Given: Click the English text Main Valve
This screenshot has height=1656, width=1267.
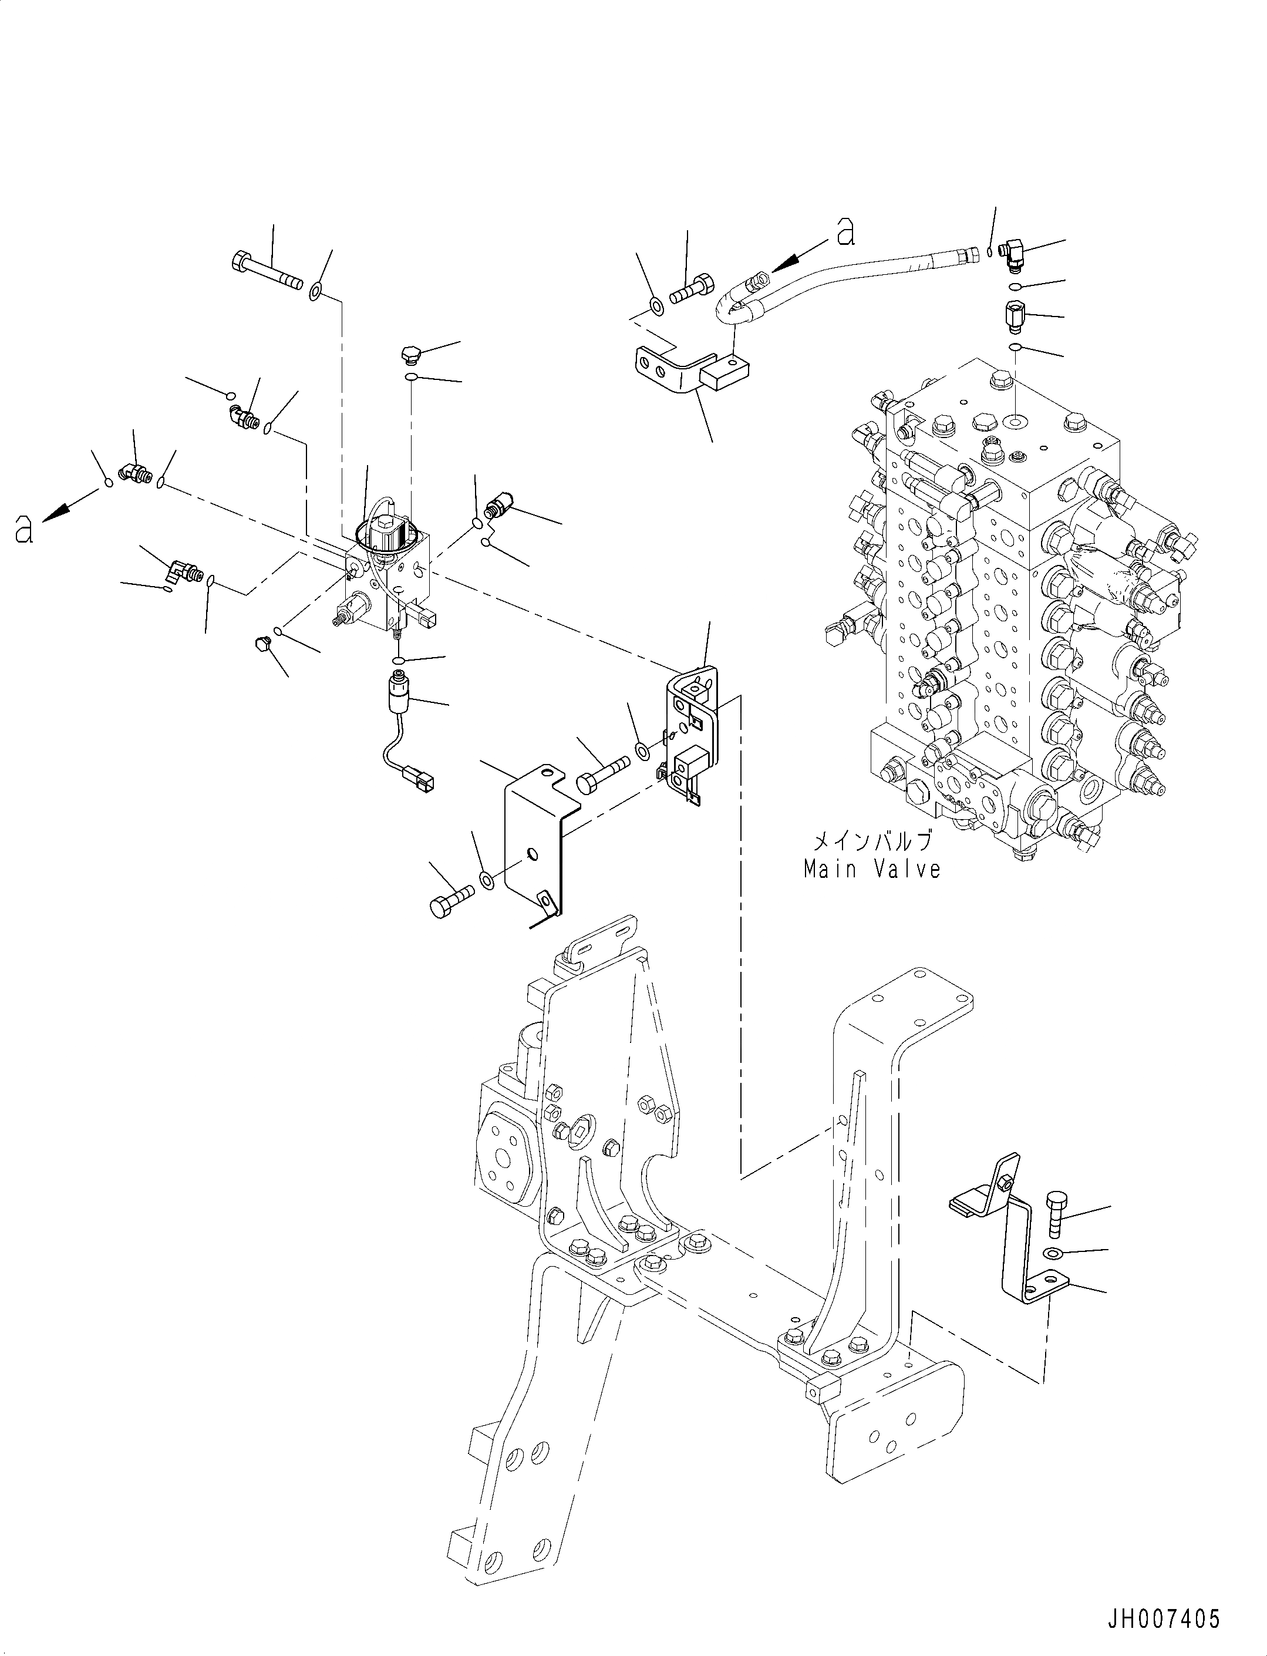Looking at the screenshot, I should click(872, 870).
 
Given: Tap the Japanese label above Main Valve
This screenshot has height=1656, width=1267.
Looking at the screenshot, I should click(872, 841).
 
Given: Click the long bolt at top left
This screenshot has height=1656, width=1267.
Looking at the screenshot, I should click(265, 272).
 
